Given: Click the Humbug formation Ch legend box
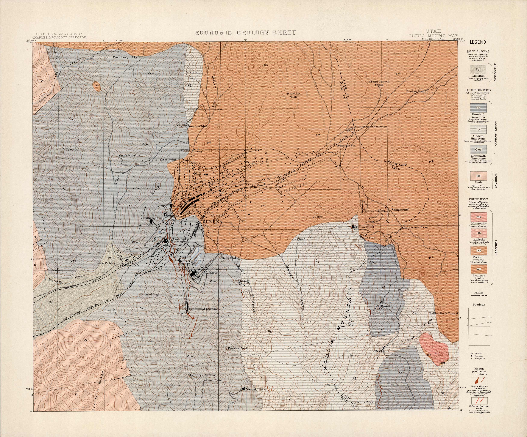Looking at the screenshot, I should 478,108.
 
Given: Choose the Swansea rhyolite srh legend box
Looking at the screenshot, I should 478,269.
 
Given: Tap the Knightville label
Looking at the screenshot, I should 401,210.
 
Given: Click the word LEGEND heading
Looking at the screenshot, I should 478,42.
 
